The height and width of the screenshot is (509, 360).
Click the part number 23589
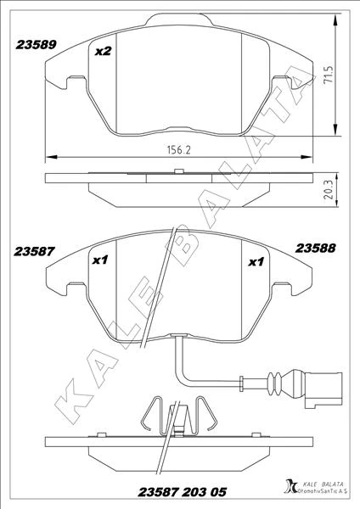37,44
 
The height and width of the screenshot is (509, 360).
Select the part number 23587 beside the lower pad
34,251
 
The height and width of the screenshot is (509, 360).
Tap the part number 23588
315,249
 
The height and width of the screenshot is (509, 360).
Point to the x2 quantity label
104,51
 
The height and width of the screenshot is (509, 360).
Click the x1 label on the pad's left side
100,260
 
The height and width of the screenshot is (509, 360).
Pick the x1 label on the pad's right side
256,261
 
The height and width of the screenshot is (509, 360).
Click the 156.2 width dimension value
178,149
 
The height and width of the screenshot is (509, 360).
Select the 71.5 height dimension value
329,76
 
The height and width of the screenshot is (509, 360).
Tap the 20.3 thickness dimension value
329,190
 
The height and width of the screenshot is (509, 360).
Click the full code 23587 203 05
182,492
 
